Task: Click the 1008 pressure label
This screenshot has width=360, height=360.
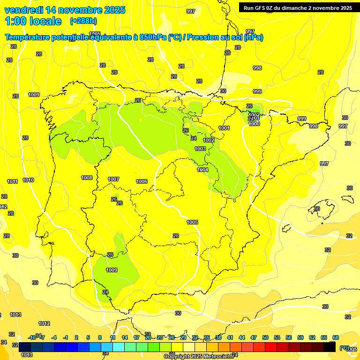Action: click(x=87, y=178)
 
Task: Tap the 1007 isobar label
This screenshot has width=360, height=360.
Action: click(x=113, y=179)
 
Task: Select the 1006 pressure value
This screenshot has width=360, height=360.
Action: click(x=142, y=181)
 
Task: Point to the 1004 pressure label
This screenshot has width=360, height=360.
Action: click(x=202, y=170)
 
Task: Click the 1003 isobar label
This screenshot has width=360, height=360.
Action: click(x=200, y=149)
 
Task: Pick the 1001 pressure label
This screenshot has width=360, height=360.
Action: click(x=224, y=128)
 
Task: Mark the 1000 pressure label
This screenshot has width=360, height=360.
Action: click(x=254, y=124)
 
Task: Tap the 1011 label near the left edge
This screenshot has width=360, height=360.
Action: click(x=13, y=181)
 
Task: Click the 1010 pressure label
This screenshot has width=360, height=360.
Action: click(x=28, y=180)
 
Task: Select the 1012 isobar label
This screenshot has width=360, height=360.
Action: click(x=44, y=323)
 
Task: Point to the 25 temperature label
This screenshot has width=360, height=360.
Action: click(x=138, y=100)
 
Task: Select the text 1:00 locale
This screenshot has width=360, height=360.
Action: click(x=33, y=21)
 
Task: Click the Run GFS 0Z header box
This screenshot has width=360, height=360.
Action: click(x=298, y=7)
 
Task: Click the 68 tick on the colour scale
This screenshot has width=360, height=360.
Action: click(x=335, y=337)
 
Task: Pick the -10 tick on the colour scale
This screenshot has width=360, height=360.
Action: click(x=32, y=337)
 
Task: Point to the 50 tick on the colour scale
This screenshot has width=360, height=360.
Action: click(x=265, y=337)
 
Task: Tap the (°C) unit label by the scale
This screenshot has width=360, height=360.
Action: click(x=344, y=348)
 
